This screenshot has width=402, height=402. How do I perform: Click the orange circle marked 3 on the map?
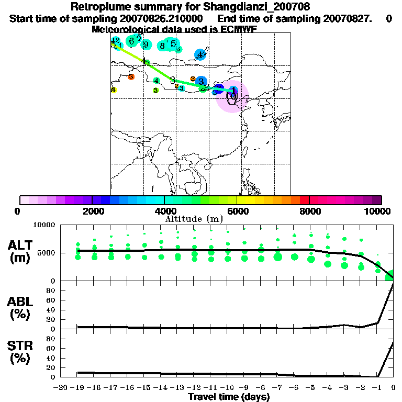pos(131,77)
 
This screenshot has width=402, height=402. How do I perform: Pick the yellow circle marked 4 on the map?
pos(114,90)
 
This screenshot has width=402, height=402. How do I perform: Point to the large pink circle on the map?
pos(232,98)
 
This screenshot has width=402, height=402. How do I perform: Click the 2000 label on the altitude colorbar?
pos(92,211)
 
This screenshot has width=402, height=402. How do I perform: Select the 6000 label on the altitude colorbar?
pos(237,211)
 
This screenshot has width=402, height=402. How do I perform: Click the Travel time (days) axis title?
pos(229,397)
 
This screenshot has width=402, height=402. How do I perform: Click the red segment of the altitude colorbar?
pos(304,200)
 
